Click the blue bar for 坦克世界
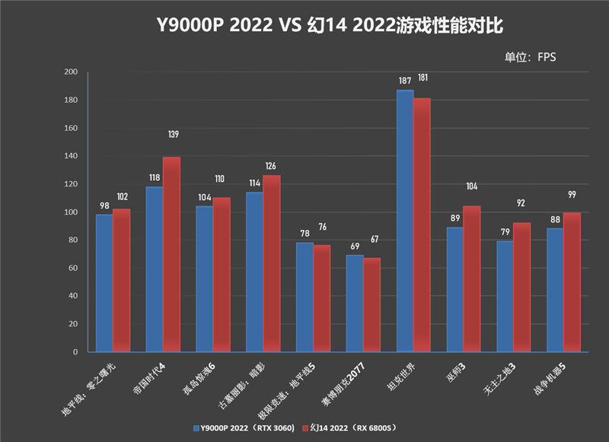[x=405, y=221]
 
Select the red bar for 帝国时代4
[x=171, y=254]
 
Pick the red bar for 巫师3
[x=472, y=278]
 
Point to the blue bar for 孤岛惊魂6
[x=204, y=278]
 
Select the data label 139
[x=173, y=135]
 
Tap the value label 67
[x=374, y=240]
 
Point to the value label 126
[x=271, y=167]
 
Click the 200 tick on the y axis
[x=71, y=72]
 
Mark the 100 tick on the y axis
[x=71, y=212]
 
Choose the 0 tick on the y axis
[x=75, y=352]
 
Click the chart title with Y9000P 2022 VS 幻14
[x=304, y=24]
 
